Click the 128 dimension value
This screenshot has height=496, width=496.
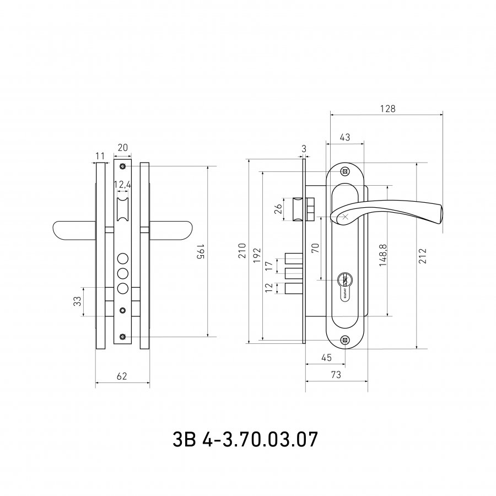coord(387,109)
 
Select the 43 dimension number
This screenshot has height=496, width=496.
coord(345,137)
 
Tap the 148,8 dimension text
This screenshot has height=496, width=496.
coord(384,255)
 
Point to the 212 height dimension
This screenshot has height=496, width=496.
coord(423,256)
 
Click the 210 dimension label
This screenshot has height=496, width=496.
coord(242,251)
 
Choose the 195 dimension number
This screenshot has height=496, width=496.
coord(201,251)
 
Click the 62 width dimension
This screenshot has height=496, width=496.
coord(122,376)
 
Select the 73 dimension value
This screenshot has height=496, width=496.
coord(336,375)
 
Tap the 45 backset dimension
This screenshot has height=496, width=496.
coord(326,358)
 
